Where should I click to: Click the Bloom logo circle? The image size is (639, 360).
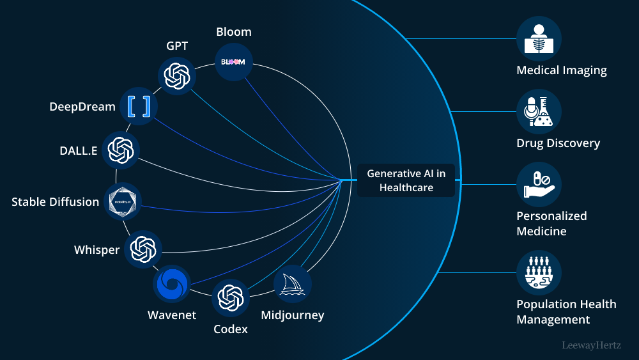[233, 62]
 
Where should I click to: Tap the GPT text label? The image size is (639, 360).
[177, 46]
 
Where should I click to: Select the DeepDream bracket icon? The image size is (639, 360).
[139, 106]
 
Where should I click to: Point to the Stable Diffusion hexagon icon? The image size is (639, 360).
[122, 201]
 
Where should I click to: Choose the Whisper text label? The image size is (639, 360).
[96, 249]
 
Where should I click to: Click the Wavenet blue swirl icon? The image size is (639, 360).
[172, 283]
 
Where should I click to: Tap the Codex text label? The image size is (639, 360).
[230, 329]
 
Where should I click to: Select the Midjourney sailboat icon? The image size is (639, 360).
[293, 284]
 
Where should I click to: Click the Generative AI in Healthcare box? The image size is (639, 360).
[406, 180]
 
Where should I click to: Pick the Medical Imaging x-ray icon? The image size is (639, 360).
[539, 39]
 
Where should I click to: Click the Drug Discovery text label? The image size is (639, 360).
[558, 143]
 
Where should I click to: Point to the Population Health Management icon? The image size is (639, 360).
[539, 272]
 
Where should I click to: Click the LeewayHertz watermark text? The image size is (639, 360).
[591, 345]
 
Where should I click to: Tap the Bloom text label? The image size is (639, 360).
[233, 32]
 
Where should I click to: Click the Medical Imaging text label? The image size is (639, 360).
[561, 70]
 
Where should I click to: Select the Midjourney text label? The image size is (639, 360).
[292, 315]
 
